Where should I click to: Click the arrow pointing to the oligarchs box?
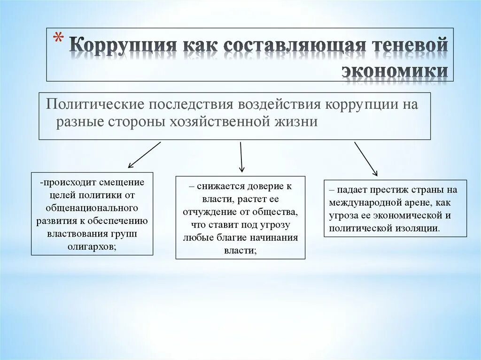tap(144, 155)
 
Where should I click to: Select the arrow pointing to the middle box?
tap(241, 157)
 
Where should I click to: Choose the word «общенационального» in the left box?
tap(92, 207)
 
